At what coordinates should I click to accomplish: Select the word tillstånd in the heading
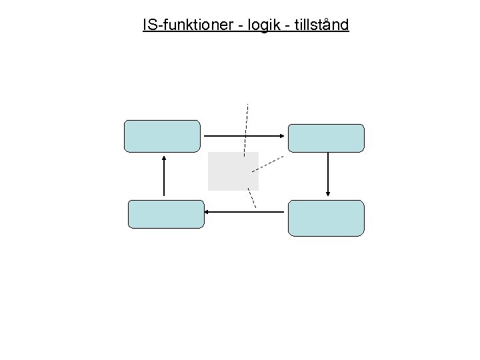317,25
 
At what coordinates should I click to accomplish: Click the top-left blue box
162,137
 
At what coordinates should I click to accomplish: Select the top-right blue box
326,138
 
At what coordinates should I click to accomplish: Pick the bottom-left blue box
165,214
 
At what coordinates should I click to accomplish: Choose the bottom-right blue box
326,218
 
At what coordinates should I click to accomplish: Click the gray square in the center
233,171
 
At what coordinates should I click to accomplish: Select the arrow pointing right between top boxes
244,136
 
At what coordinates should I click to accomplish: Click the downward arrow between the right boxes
328,173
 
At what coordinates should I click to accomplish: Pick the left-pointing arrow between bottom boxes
244,212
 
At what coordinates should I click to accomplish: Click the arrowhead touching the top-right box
283,136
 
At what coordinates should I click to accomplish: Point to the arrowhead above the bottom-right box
328,193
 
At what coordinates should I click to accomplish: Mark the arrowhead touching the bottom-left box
207,212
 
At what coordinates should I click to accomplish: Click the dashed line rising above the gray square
246,127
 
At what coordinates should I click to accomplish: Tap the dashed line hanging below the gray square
251,199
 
